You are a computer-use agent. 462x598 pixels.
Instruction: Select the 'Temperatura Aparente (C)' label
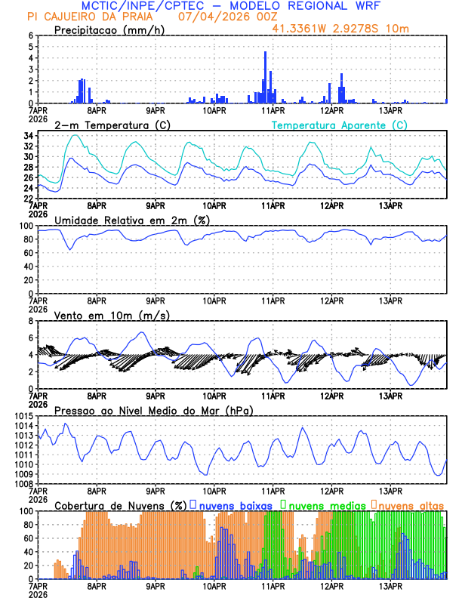point(339,125)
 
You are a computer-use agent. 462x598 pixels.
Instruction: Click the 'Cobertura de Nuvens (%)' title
point(120,505)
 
